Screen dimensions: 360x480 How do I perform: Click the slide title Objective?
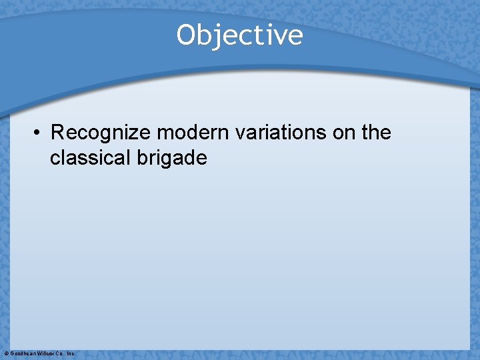tap(239, 35)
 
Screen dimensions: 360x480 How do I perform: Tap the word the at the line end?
tap(376, 133)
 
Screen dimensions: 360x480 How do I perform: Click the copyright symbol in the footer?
tap(6, 353)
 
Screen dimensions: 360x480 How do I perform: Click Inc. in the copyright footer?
tap(71, 353)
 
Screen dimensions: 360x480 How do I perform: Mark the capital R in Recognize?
tap(57, 133)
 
